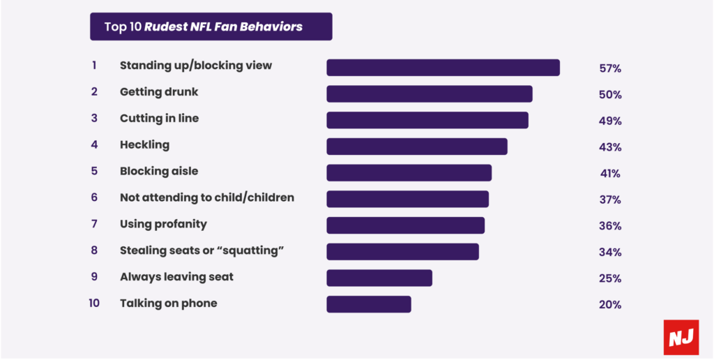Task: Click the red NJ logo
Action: tap(680, 338)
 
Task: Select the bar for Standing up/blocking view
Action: tap(443, 68)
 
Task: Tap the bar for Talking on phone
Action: tap(369, 304)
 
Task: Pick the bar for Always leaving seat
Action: tap(379, 278)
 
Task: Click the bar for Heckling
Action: tap(417, 147)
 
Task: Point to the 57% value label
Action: tap(610, 68)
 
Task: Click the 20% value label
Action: tap(610, 304)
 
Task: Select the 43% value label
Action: tap(610, 147)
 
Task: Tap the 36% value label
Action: tap(610, 226)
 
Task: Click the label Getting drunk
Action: tap(159, 92)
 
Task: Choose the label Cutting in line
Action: tap(159, 119)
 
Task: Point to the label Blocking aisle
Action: tap(159, 171)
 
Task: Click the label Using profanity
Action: tap(163, 224)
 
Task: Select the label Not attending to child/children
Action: tap(207, 197)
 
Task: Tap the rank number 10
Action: tap(94, 303)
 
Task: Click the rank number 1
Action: tap(93, 66)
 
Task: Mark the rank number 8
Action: tap(94, 250)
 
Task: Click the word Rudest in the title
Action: tap(169, 27)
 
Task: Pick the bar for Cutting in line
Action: tap(427, 120)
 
